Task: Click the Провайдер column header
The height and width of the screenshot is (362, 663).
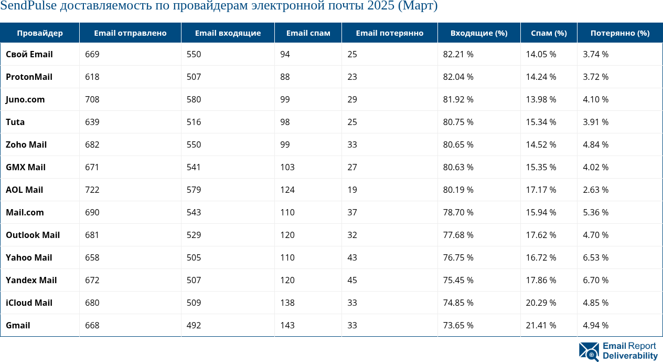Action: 40,33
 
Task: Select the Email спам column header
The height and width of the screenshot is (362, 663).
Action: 308,33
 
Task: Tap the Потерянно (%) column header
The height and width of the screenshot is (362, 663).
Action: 619,33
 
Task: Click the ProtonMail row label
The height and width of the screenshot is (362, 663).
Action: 29,77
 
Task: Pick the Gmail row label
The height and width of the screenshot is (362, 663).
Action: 18,325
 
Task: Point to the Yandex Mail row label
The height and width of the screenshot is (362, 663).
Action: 31,280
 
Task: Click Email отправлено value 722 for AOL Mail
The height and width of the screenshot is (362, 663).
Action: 92,190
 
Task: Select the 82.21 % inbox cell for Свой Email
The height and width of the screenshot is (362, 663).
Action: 458,54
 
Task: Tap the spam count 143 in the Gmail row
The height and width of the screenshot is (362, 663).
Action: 287,325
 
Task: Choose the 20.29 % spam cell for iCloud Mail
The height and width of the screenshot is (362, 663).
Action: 541,303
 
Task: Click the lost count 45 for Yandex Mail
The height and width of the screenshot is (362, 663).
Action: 352,280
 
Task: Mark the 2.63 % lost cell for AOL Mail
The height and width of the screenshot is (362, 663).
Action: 595,190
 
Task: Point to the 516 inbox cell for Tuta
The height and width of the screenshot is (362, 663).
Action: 194,122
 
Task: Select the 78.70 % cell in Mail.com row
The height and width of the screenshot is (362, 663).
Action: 458,212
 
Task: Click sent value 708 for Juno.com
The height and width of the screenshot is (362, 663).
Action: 92,99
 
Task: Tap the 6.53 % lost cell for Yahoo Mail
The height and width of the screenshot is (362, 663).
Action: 595,257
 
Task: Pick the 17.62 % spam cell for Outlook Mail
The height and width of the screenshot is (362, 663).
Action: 541,235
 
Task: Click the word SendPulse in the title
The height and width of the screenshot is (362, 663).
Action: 25,6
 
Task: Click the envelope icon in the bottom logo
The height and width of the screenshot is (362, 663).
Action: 589,351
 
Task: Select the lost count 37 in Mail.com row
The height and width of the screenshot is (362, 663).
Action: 352,212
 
